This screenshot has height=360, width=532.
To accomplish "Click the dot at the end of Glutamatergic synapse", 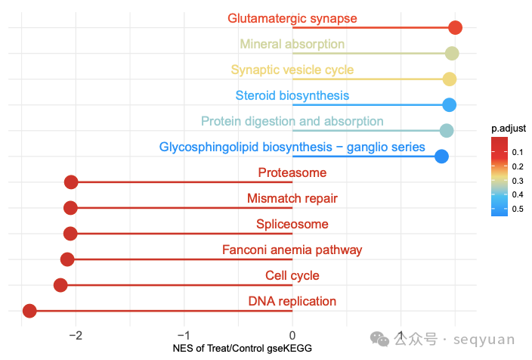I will tap(455, 28).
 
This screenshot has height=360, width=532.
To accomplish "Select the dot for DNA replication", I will tap(29, 311).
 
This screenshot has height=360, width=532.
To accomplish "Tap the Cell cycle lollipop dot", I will tap(60, 285).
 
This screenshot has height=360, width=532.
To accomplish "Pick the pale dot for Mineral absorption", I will tap(452, 53).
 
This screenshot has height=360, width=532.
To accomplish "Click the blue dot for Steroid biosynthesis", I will tap(449, 105).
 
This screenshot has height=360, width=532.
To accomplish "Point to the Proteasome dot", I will tap(71, 182).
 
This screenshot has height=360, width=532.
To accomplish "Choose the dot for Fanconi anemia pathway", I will tap(67, 259).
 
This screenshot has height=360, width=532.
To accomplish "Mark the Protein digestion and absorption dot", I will tap(447, 131).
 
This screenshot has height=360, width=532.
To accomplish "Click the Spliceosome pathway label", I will tap(292, 225).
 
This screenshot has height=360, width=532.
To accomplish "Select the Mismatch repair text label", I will tap(292, 199).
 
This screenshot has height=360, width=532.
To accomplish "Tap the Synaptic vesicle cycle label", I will tap(292, 70).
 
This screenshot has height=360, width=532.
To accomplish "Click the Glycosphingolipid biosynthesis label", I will tap(292, 147).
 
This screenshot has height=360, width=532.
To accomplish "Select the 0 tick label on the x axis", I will tap(292, 334).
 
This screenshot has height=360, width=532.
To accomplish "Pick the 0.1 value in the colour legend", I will tap(518, 152).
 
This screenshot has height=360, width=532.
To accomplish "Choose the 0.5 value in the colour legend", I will tap(518, 209).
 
